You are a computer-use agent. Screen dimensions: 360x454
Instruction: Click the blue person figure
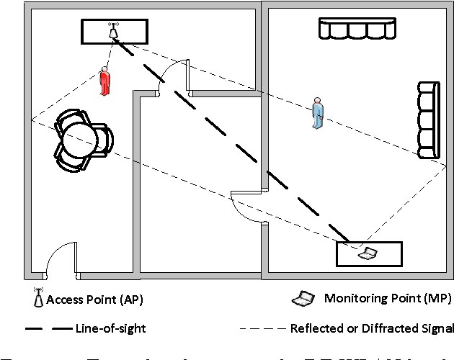318,113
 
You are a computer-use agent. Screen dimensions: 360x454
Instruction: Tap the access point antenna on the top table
113,32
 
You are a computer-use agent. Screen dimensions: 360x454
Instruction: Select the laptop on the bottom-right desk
368,253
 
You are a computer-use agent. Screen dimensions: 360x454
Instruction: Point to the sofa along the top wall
357,29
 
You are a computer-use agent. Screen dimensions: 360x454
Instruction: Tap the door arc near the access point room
173,76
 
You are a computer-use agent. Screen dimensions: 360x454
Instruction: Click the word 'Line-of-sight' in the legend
110,328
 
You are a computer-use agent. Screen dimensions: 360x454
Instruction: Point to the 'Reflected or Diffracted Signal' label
371,328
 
